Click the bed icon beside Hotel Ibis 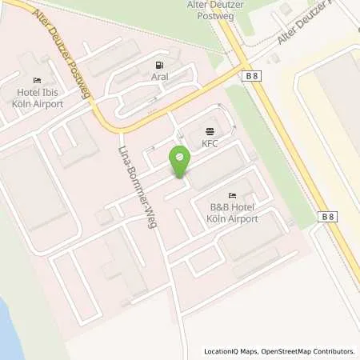38,81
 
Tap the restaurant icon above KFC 210,130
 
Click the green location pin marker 180,162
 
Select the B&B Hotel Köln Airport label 233,213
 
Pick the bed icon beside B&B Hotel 233,196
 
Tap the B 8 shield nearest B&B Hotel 326,217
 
